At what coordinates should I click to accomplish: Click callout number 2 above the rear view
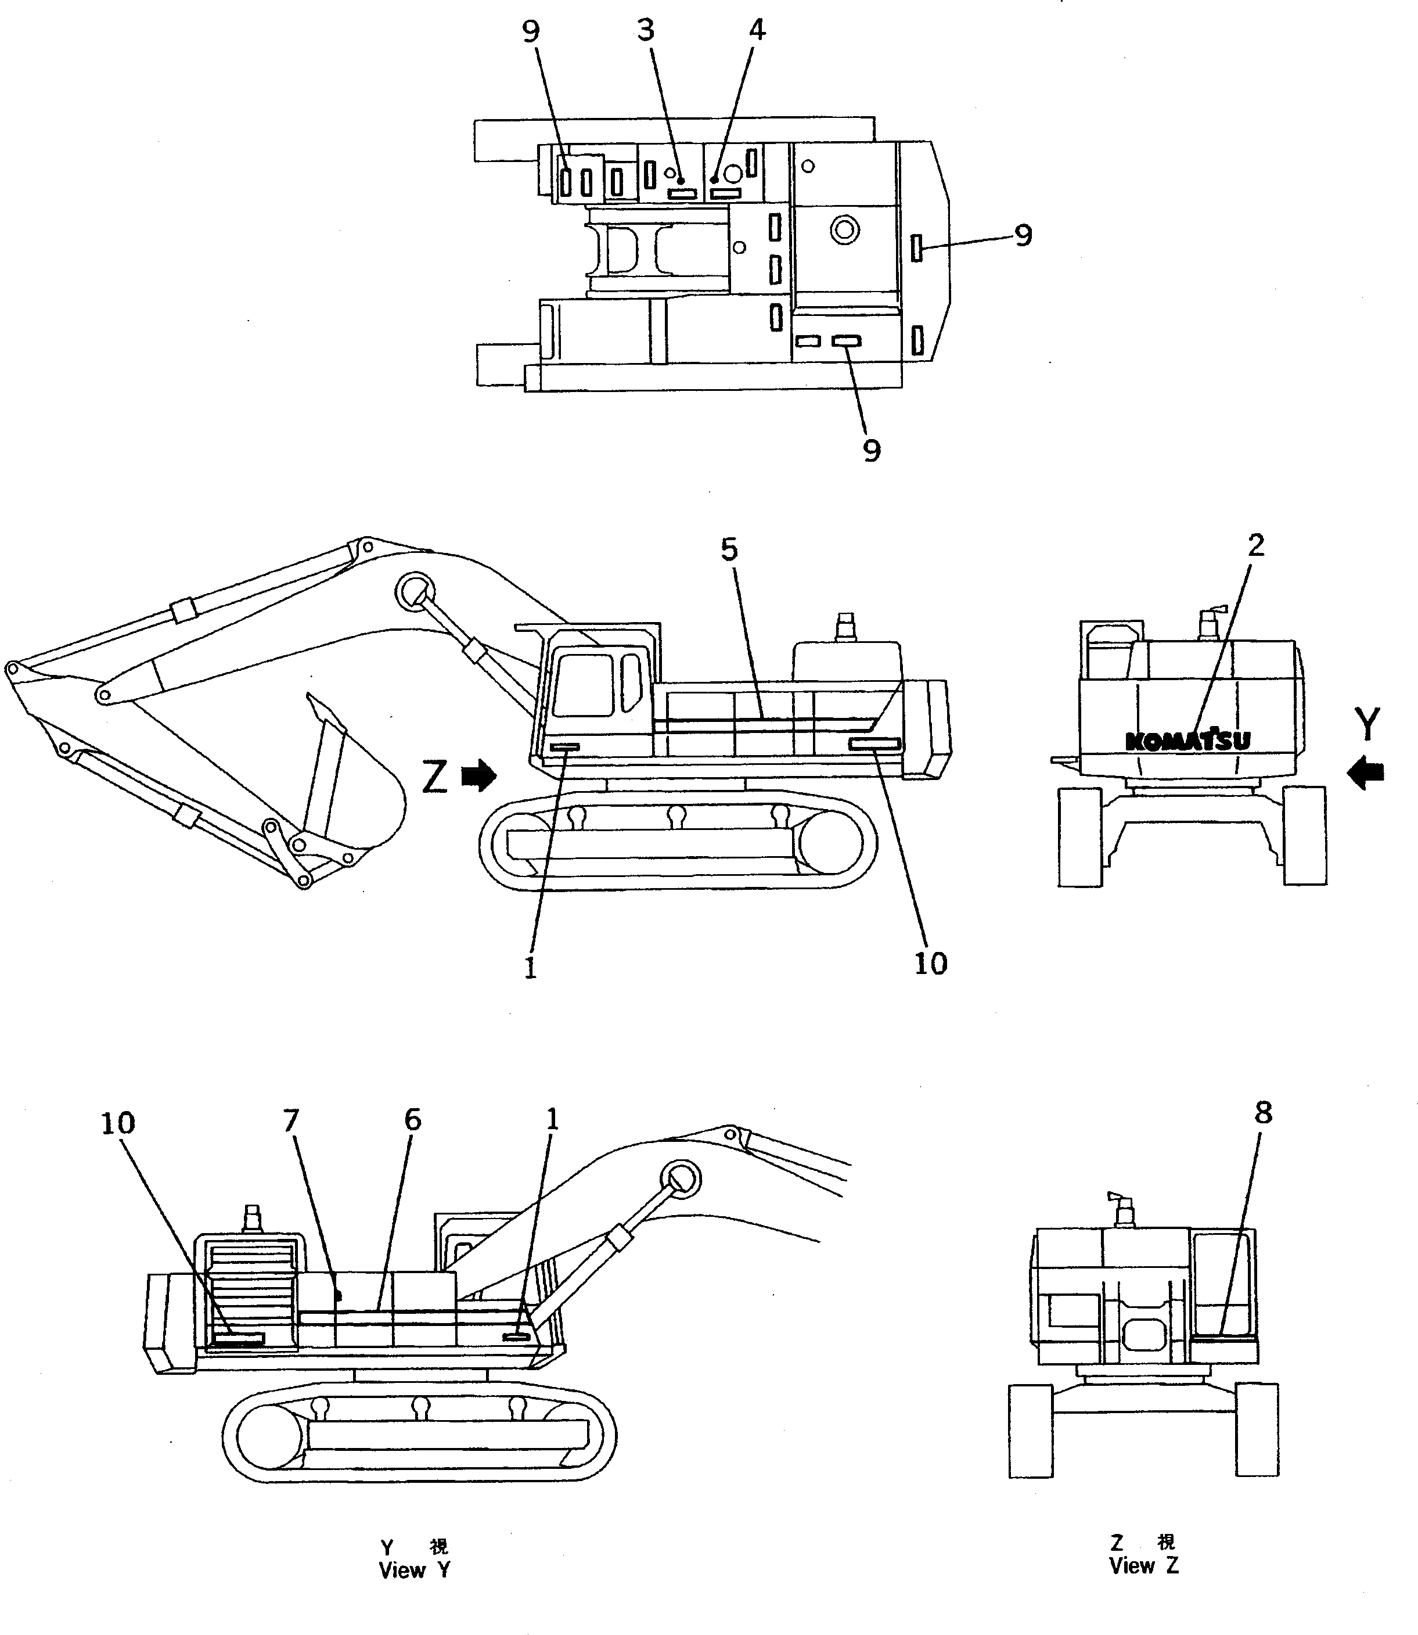[x=1256, y=545]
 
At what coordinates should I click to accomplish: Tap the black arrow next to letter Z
[x=478, y=777]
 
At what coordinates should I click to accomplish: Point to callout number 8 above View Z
[x=1263, y=1113]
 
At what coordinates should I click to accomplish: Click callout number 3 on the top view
[x=646, y=31]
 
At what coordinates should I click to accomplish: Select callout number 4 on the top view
[x=757, y=31]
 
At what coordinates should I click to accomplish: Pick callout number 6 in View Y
[x=412, y=1120]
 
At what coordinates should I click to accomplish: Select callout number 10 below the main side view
[x=931, y=964]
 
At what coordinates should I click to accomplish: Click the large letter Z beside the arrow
[x=435, y=777]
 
